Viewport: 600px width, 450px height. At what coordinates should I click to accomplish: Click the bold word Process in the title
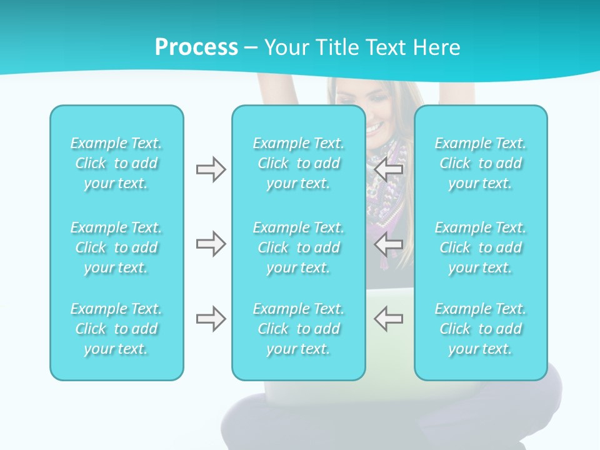pyautogui.click(x=196, y=47)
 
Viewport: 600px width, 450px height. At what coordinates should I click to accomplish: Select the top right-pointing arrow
pyautogui.click(x=211, y=169)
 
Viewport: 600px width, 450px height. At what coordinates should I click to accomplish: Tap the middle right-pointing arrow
pyautogui.click(x=211, y=244)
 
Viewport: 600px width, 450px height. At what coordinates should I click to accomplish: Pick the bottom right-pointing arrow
pyautogui.click(x=211, y=319)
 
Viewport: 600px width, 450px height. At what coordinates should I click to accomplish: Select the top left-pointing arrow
pyautogui.click(x=388, y=169)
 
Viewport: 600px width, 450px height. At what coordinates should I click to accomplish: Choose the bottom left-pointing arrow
pyautogui.click(x=388, y=319)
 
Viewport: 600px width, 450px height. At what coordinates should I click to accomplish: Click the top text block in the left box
pyautogui.click(x=116, y=163)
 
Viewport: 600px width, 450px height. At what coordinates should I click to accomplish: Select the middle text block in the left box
pyautogui.click(x=116, y=247)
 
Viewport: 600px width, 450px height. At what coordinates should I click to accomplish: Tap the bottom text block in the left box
pyautogui.click(x=116, y=329)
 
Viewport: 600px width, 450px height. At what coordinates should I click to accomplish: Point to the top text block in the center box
pyautogui.click(x=298, y=163)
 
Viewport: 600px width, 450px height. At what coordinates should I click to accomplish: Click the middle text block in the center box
pyautogui.click(x=298, y=247)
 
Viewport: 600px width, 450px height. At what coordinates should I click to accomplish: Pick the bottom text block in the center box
pyautogui.click(x=298, y=329)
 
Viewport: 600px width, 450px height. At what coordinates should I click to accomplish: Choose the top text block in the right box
pyautogui.click(x=480, y=163)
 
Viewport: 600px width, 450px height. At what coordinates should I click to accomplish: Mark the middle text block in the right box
pyautogui.click(x=480, y=247)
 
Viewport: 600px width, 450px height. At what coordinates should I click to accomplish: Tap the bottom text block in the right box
pyautogui.click(x=480, y=329)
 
